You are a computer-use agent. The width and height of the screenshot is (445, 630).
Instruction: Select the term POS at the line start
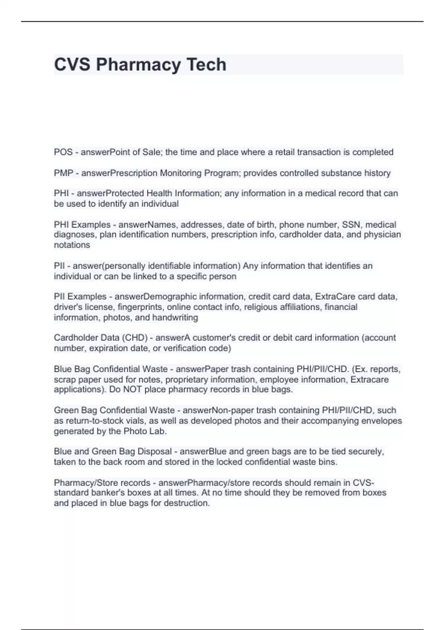click(x=63, y=152)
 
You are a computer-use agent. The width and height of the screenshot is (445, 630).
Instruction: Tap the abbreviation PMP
click(x=64, y=173)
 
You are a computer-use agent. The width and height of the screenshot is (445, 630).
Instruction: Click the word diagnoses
click(x=75, y=235)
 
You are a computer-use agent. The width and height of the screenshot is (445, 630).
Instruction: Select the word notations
click(x=72, y=245)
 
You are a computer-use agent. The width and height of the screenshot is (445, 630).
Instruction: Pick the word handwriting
click(x=175, y=317)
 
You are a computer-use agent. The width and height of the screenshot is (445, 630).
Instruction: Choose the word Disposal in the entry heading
click(x=155, y=451)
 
